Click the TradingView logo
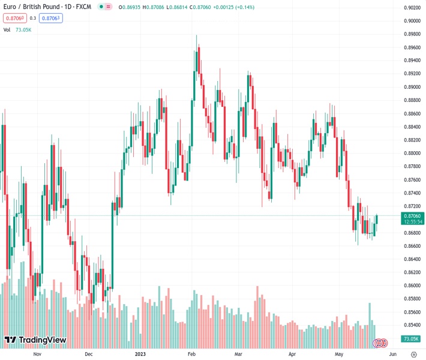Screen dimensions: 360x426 tap(35, 340)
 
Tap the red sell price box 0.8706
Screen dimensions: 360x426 tap(14, 18)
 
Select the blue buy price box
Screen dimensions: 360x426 tap(52, 18)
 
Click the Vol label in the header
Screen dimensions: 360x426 tap(7, 29)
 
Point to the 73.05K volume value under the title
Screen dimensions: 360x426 tap(23, 29)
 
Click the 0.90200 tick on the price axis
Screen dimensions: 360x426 tap(412, 8)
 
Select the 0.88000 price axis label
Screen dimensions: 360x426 tap(412, 153)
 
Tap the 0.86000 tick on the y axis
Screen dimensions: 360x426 tap(412, 286)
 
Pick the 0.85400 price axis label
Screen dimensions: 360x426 tap(412, 325)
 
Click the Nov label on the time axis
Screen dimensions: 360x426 tap(37, 354)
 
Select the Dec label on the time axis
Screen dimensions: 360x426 tap(88, 354)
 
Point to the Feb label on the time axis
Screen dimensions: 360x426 tap(191, 354)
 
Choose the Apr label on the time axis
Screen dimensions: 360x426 tap(292, 354)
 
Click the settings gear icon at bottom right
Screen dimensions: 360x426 tap(414, 354)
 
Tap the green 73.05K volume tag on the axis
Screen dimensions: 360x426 tap(412, 339)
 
